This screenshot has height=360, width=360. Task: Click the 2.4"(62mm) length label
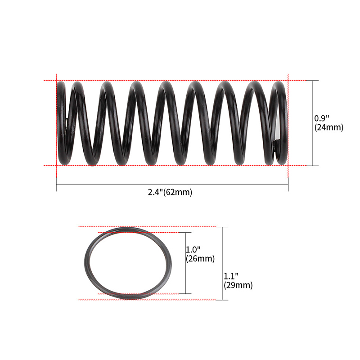pos(170,192)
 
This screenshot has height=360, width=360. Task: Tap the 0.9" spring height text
pos(321,118)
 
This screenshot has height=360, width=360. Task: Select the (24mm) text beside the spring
pos(329,127)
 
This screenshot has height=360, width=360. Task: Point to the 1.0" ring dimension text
pos(193,249)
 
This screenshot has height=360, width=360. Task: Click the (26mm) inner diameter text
pos(200,259)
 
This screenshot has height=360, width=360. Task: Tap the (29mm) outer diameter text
pos(238,285)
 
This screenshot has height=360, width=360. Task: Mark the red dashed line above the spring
pos(180,81)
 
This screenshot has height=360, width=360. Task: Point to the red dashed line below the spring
pos(180,166)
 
